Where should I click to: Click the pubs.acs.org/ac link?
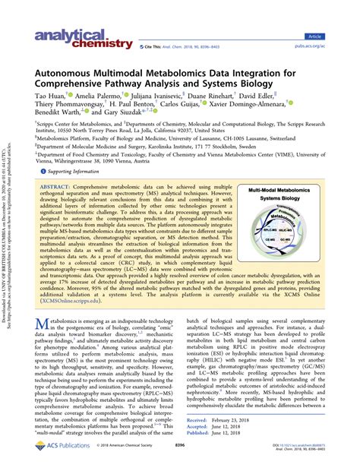click(334, 46)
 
